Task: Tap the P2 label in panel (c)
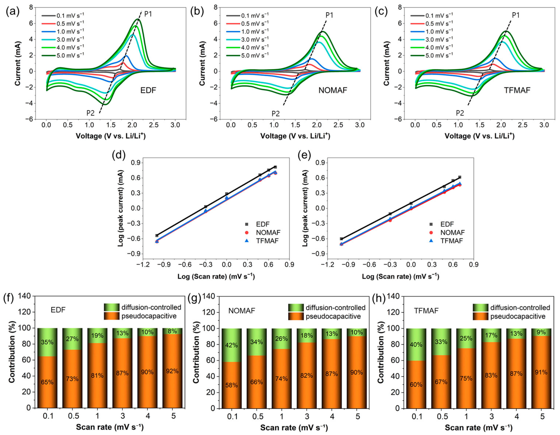pos(460,113)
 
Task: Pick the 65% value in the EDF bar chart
pos(47,382)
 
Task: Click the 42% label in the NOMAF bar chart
pos(232,345)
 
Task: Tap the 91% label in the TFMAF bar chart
pos(541,372)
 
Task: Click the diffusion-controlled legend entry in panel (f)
pos(143,307)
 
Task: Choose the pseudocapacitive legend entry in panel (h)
pos(509,317)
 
